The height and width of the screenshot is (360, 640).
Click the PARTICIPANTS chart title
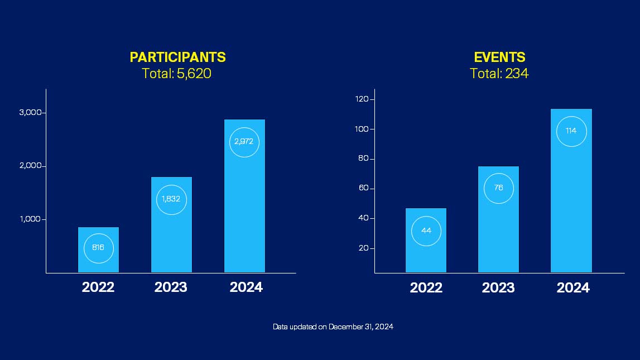tap(177, 57)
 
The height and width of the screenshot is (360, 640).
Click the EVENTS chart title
tap(499, 57)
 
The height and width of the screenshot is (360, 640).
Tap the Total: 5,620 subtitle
tap(176, 73)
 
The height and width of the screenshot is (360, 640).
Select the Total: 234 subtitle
tap(499, 73)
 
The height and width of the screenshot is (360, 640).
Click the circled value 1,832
tap(171, 199)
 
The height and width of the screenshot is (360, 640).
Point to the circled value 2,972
tap(244, 142)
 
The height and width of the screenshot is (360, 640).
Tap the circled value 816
tap(98, 248)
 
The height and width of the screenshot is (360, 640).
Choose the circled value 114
tap(571, 131)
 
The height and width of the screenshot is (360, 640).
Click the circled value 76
tap(498, 188)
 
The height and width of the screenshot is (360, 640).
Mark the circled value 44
tap(426, 231)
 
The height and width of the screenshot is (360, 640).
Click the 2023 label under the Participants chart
tap(171, 287)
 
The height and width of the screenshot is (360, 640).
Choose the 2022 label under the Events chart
tap(426, 288)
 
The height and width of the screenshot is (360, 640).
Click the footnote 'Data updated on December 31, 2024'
tap(333, 327)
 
